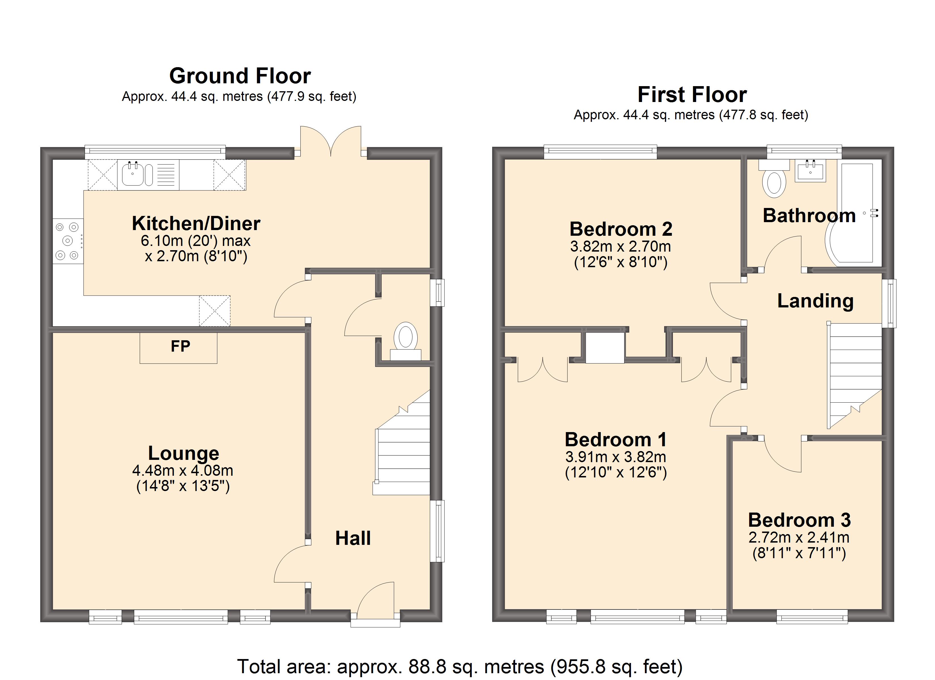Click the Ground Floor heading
240,76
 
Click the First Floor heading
692,94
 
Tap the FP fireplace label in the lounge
180,347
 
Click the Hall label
353,538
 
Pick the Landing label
815,301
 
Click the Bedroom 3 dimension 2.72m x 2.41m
799,537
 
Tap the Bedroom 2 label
620,229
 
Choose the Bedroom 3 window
812,617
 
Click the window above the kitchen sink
155,152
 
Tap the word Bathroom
809,216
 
